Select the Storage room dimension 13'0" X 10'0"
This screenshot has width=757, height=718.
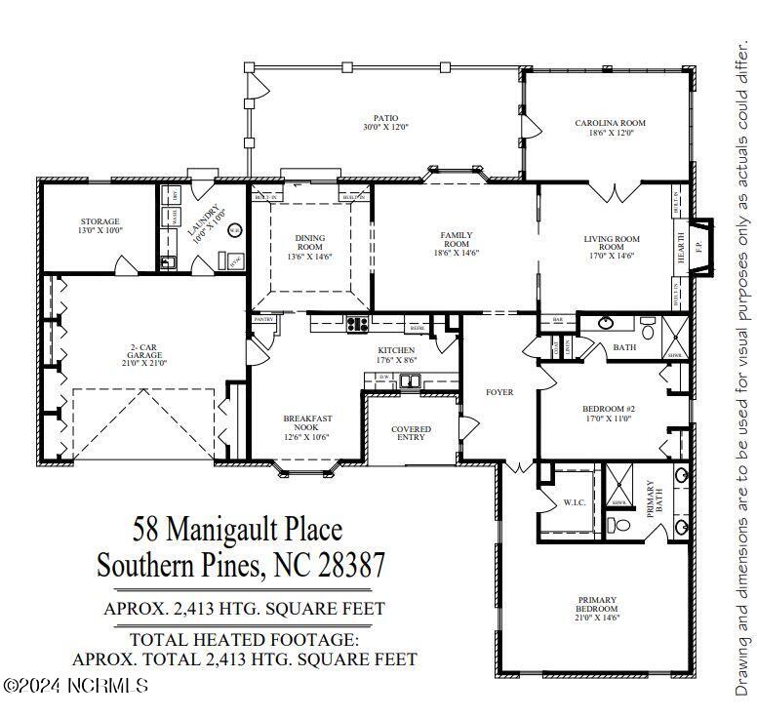click(x=100, y=231)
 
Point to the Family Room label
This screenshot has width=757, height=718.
click(x=456, y=239)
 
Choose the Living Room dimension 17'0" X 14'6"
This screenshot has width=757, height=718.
click(x=612, y=257)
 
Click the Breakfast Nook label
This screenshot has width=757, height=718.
click(x=308, y=422)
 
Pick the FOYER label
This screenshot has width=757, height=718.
click(x=499, y=393)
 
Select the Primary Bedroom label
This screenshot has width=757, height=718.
click(x=596, y=604)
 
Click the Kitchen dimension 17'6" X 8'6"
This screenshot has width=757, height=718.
click(x=396, y=360)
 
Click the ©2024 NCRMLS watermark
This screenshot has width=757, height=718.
click(x=75, y=687)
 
